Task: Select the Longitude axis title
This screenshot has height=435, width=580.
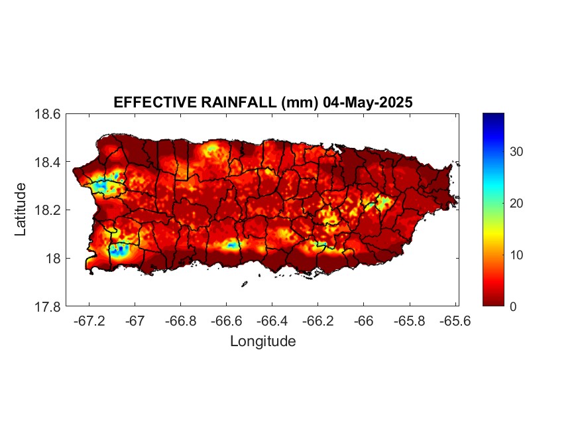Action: pos(262,342)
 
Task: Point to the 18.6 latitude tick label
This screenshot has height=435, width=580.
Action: pos(48,114)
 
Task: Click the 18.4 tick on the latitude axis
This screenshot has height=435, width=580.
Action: pos(48,162)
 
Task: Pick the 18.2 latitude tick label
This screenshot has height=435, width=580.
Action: pos(48,210)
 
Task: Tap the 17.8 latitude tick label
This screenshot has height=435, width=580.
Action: pos(48,306)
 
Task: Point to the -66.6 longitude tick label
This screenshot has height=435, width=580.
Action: pos(225,321)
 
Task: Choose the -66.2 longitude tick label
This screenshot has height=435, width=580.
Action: pos(317,321)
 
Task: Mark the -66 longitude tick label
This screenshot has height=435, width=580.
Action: pos(363,321)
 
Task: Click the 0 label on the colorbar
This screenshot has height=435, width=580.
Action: pos(513,306)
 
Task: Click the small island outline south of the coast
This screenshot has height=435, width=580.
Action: pos(244,284)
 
